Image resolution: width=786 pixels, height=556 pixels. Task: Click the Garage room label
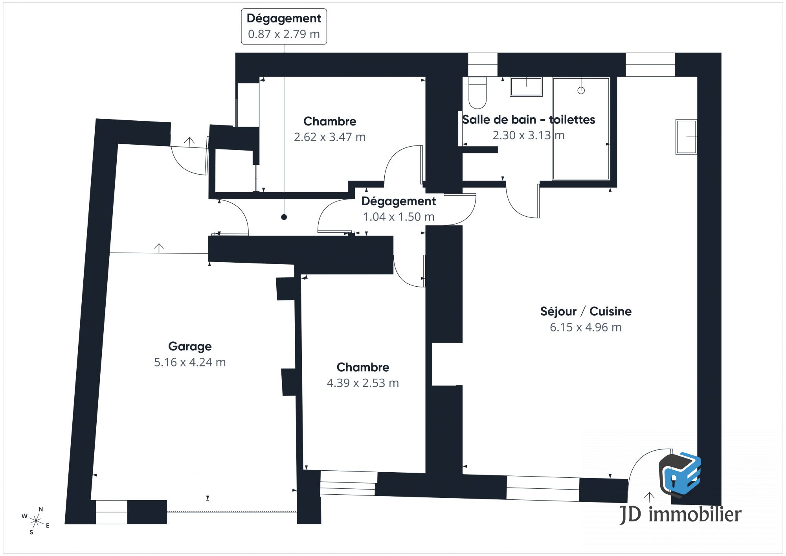point(190,346)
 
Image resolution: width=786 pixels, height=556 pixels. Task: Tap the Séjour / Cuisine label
point(586,311)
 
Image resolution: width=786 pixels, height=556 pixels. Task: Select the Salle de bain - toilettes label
point(529,120)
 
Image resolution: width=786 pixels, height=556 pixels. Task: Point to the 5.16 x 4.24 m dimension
point(190,362)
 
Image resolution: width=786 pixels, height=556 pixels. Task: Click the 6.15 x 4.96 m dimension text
point(586,327)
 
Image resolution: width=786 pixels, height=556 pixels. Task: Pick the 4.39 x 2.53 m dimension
point(363,383)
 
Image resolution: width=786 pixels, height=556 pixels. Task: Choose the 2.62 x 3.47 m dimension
point(330,137)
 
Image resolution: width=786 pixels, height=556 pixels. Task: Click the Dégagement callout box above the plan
point(284,26)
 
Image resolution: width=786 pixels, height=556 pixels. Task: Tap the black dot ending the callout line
point(284,217)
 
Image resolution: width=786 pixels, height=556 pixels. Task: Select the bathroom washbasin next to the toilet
point(526,87)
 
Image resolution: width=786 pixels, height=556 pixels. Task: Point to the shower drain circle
point(581,90)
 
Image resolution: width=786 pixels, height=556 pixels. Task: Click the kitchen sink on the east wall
point(686,136)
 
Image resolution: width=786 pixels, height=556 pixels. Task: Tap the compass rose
point(36,521)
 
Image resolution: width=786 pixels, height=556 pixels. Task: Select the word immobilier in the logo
point(695,515)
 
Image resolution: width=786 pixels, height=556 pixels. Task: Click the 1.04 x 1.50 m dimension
point(399,217)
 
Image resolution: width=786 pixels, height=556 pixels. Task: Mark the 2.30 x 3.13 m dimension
point(529,135)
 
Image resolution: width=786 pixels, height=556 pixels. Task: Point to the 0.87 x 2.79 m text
point(284,34)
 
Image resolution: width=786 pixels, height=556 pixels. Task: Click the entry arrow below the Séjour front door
point(649,497)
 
